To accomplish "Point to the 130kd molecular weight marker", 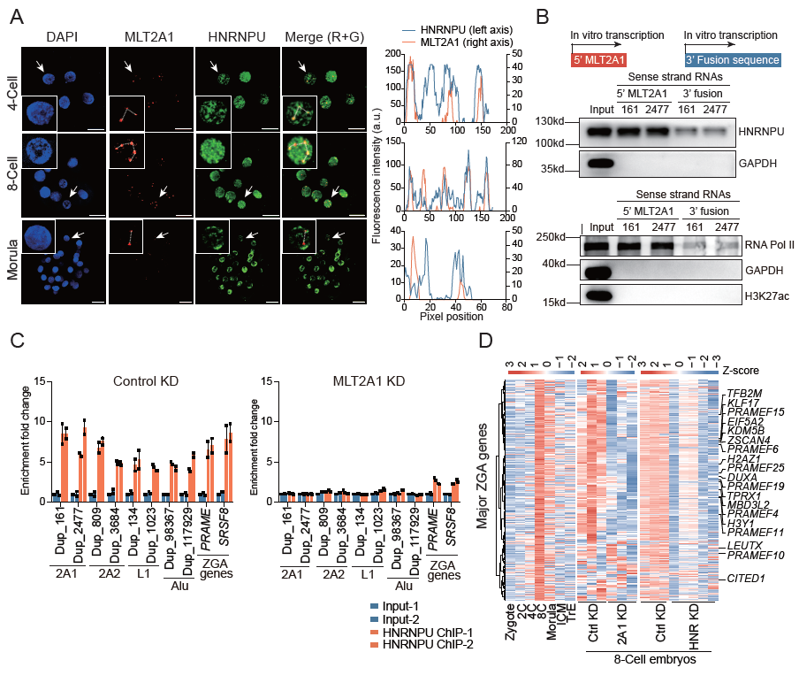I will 561,120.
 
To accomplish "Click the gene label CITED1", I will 744,579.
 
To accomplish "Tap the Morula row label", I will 11,263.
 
